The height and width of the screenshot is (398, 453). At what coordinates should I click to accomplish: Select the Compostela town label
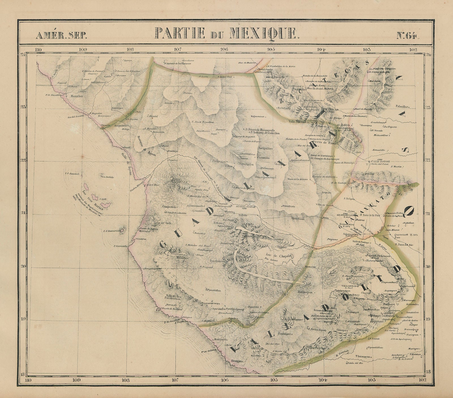pyautogui.click(x=170, y=206)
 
